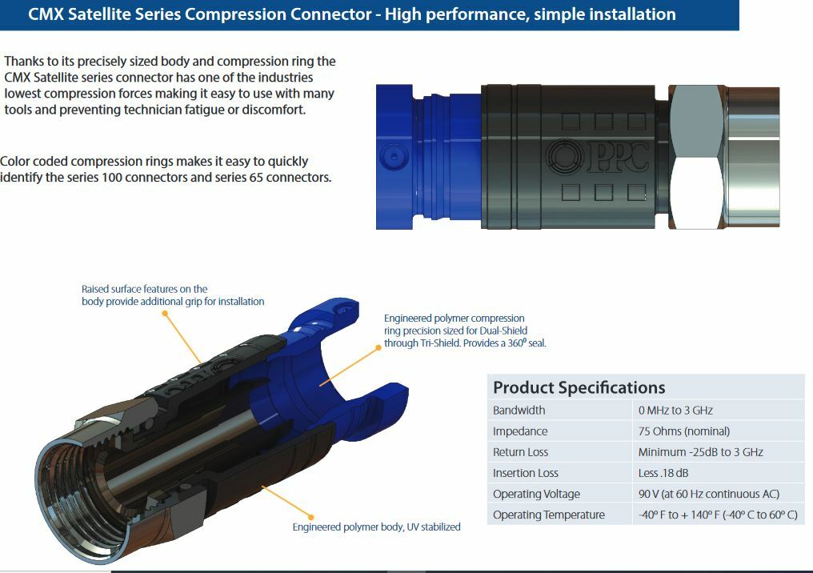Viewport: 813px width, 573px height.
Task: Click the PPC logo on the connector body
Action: point(597,156)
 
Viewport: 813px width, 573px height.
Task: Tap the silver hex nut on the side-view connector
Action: point(696,157)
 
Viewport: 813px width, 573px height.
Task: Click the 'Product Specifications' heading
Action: point(579,387)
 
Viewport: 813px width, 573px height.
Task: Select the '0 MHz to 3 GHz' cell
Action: point(675,411)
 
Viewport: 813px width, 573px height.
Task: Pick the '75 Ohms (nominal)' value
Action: point(684,431)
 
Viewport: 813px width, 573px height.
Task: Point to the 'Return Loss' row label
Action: point(520,452)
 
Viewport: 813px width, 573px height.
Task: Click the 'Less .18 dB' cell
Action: point(663,473)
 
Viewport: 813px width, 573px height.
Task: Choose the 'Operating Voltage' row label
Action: point(536,494)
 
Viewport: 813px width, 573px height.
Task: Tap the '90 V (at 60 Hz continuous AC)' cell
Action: point(709,494)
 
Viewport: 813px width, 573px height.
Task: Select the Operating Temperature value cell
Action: point(718,515)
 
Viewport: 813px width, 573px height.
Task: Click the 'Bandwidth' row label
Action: point(519,411)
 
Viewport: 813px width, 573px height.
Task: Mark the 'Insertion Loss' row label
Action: point(525,473)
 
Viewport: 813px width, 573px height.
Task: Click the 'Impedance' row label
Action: point(519,431)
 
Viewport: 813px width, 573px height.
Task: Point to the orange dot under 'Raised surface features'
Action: point(165,313)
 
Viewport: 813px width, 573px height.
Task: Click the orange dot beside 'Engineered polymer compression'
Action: point(378,347)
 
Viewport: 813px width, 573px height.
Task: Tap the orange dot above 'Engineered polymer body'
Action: point(310,517)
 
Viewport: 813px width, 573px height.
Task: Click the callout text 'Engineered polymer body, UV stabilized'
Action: point(376,527)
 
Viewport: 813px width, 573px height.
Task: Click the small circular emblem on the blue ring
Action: point(394,156)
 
